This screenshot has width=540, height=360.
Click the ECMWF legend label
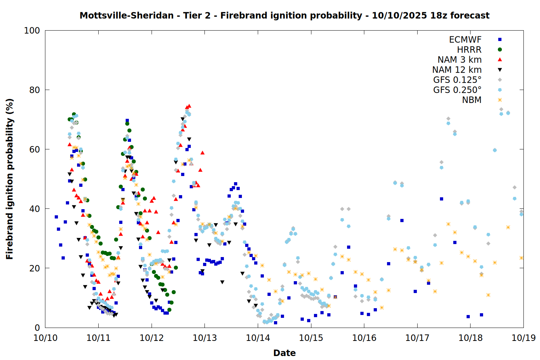(x=465, y=40)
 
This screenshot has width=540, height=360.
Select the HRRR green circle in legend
(x=500, y=50)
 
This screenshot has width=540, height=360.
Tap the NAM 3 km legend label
(x=459, y=60)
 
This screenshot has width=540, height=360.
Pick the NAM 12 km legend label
(x=457, y=70)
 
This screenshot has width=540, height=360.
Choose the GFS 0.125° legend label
(x=457, y=80)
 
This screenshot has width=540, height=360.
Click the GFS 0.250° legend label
(x=457, y=90)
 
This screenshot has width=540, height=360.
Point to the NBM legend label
(x=472, y=100)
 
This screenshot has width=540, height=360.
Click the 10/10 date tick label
(x=45, y=338)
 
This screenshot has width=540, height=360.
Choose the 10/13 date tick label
(x=205, y=338)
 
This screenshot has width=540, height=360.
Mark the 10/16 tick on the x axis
(x=364, y=338)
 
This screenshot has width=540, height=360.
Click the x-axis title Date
(x=284, y=353)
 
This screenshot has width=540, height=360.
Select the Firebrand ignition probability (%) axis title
(x=9, y=179)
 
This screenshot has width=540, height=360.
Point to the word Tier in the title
(x=193, y=15)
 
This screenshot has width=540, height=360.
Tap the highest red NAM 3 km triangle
(x=189, y=106)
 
